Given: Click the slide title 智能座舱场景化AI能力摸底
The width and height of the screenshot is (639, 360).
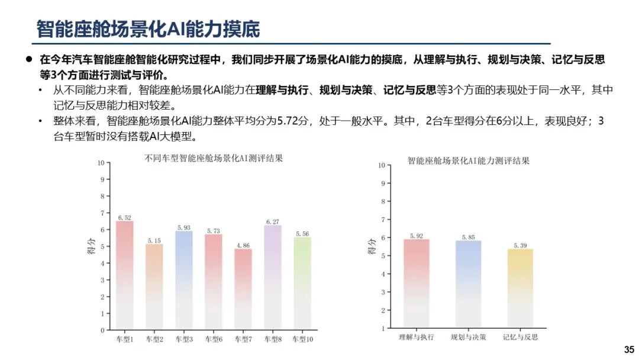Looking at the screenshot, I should click(x=147, y=28).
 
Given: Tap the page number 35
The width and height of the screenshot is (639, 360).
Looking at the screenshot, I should click(x=628, y=350).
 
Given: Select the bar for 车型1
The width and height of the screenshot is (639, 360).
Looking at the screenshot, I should click(x=124, y=275).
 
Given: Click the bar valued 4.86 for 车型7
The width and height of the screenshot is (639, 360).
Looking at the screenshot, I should click(x=243, y=290).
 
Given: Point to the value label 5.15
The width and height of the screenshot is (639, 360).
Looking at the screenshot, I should click(x=154, y=240).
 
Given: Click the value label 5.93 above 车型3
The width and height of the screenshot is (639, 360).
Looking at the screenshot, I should click(x=183, y=227).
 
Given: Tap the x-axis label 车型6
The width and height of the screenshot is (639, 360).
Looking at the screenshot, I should click(x=213, y=339).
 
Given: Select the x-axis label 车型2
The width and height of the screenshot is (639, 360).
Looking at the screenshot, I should click(x=154, y=339).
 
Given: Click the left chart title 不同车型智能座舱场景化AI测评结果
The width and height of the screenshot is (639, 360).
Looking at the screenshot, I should click(x=214, y=159).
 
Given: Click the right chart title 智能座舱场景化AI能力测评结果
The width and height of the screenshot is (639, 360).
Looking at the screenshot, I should click(x=468, y=160).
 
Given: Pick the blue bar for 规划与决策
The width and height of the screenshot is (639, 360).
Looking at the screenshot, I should click(x=468, y=284).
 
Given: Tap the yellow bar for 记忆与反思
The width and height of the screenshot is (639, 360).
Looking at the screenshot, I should click(x=520, y=288).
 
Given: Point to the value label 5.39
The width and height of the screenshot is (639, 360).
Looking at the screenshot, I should click(x=520, y=245).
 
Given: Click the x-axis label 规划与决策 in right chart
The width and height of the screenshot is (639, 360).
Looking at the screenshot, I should click(x=468, y=337).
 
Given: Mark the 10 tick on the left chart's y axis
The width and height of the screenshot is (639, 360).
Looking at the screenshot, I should click(x=101, y=163).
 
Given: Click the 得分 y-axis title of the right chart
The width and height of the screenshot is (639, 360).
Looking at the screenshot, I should click(x=371, y=246).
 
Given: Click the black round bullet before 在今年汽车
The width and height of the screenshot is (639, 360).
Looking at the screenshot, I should click(x=28, y=59).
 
